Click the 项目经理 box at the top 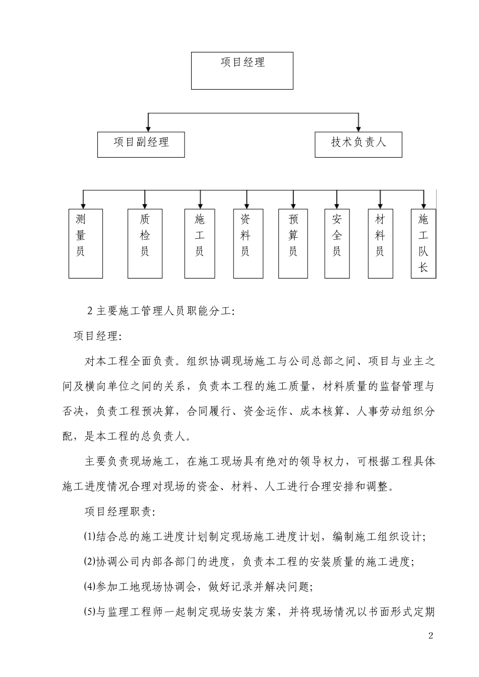pyautogui.click(x=242, y=71)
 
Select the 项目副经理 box pyautogui.click(x=141, y=145)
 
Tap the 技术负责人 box pyautogui.click(x=358, y=145)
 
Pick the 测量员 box pyautogui.click(x=86, y=243)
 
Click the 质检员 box pyautogui.click(x=145, y=243)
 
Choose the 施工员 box pyautogui.click(x=200, y=243)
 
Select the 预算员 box pyautogui.click(x=293, y=243)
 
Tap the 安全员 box pyautogui.click(x=337, y=243)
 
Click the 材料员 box pyautogui.click(x=380, y=243)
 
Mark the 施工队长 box pyautogui.click(x=424, y=243)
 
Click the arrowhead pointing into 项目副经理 pyautogui.click(x=148, y=128)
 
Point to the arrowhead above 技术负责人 pyautogui.click(x=358, y=128)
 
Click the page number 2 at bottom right pyautogui.click(x=431, y=635)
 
